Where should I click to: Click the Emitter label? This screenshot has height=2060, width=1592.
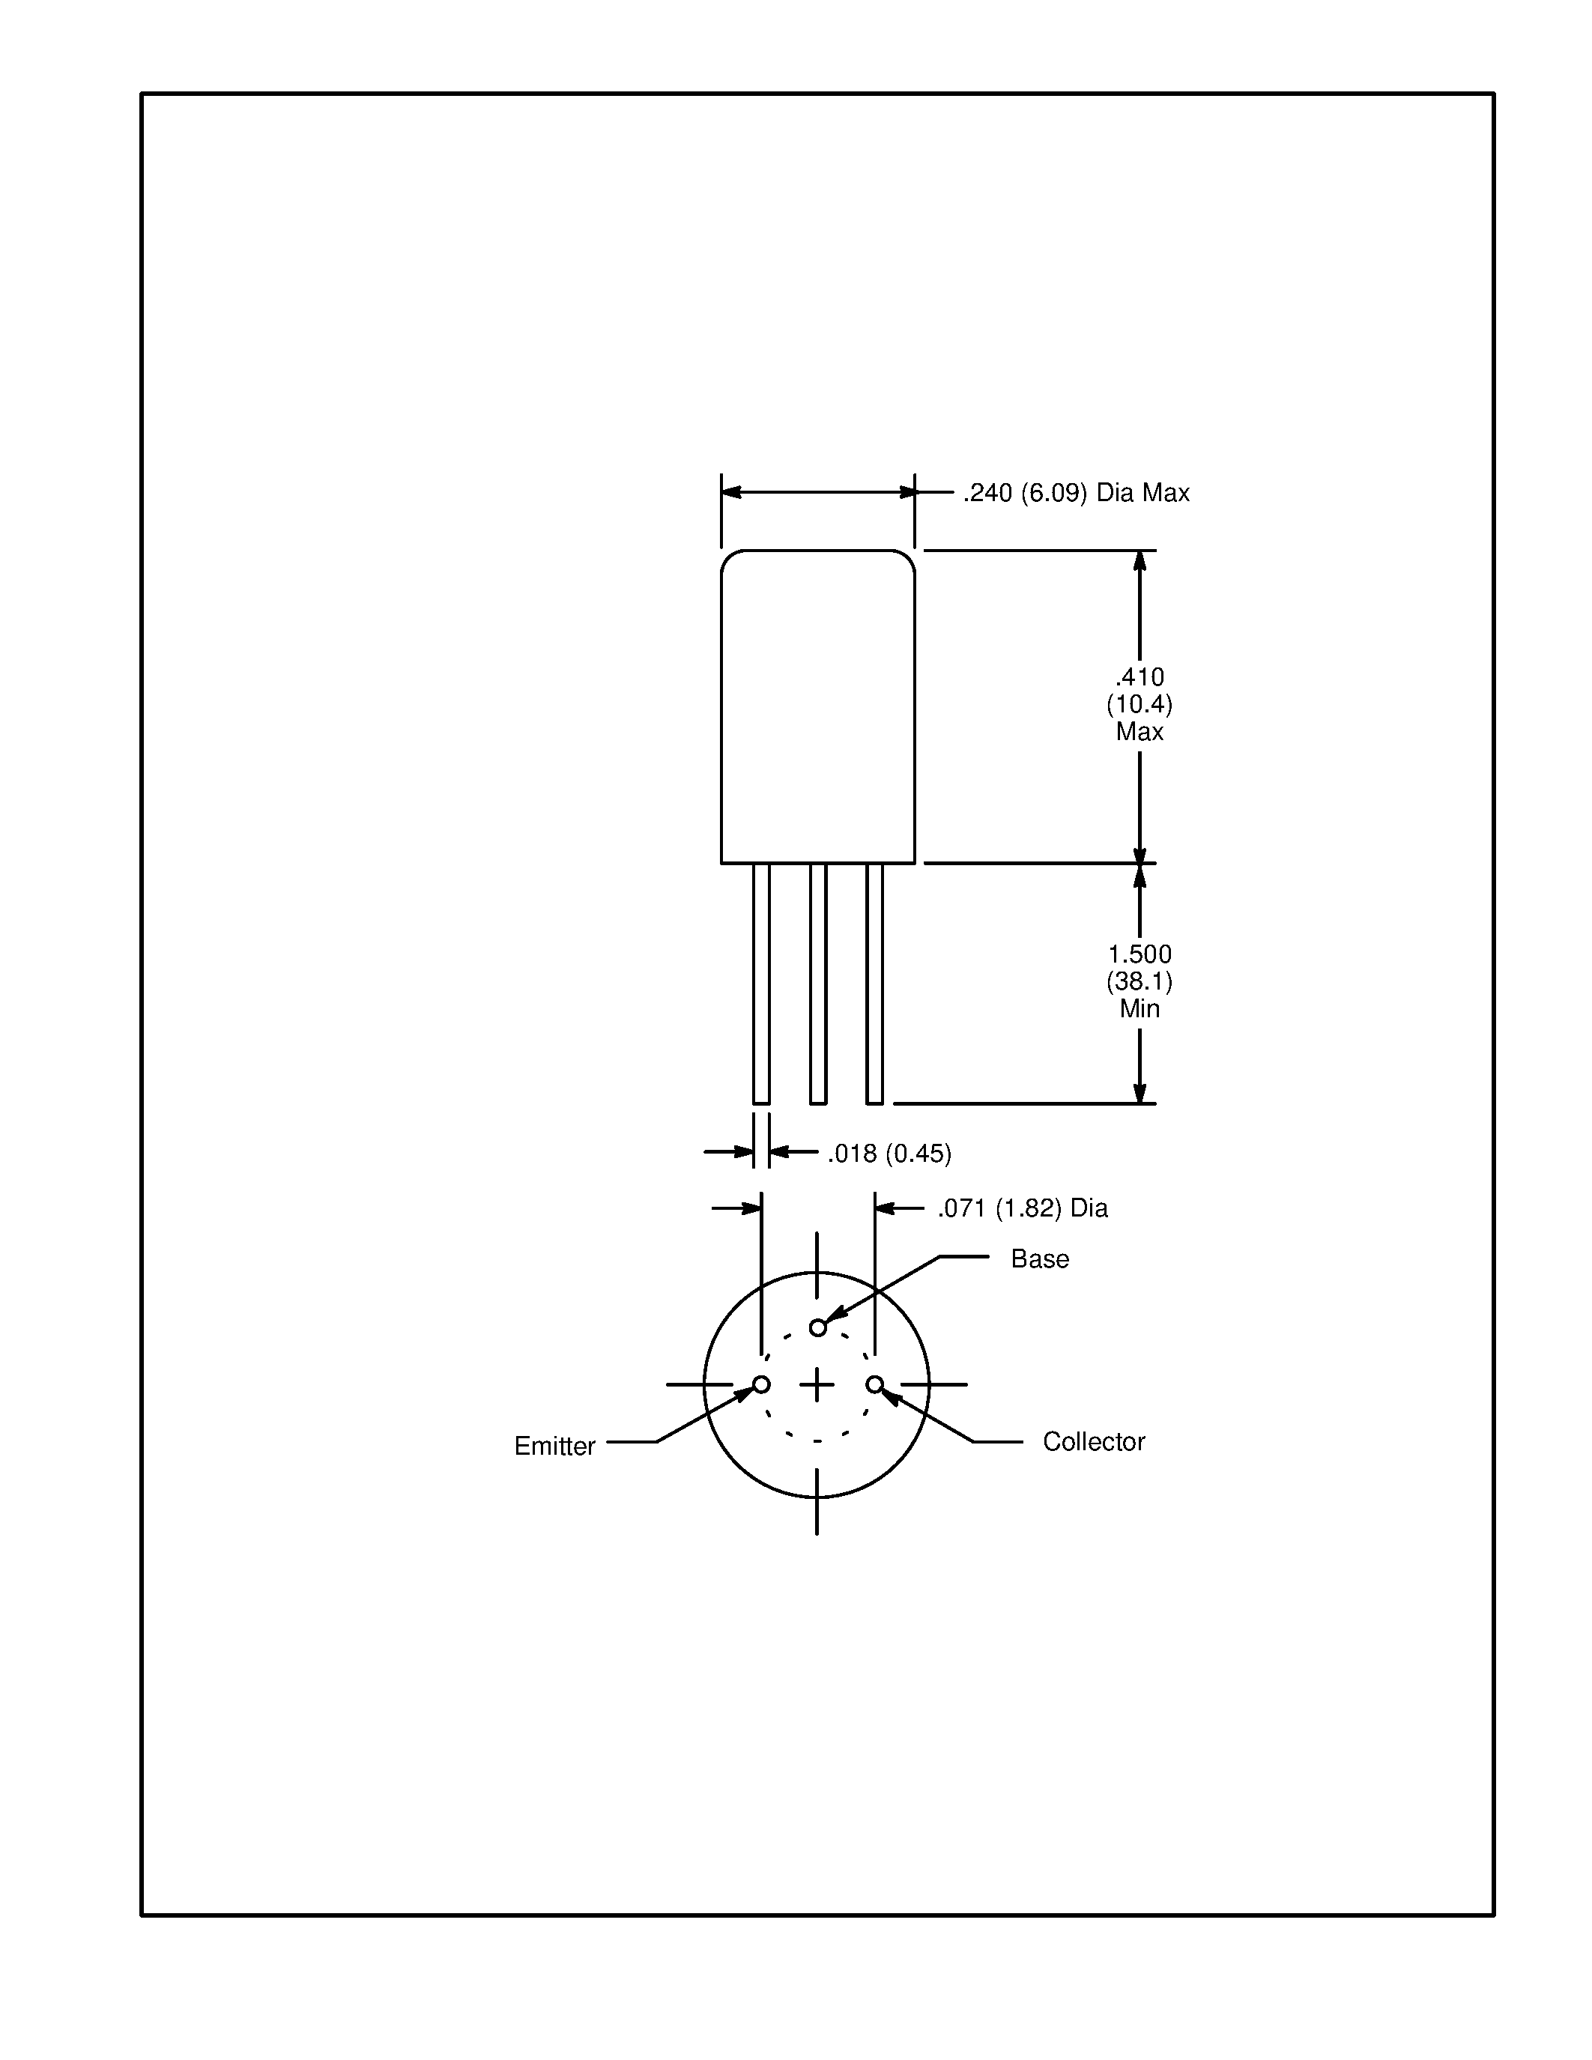coord(554,1446)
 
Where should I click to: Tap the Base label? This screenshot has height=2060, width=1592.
coord(1039,1259)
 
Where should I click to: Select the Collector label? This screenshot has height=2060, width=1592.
coord(1093,1441)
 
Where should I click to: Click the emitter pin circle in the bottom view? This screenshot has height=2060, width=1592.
coord(761,1384)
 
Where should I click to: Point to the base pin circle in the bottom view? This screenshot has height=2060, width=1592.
coord(817,1328)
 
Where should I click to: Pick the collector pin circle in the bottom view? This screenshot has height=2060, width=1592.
coord(875,1384)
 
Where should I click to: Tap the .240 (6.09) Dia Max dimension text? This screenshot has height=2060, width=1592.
coord(1075,492)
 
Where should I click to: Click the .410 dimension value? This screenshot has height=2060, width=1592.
coord(1139,676)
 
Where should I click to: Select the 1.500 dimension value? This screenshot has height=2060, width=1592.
coord(1139,954)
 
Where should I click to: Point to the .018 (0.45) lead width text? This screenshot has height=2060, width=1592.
coord(889,1153)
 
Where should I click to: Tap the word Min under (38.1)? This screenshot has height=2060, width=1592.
coord(1139,1008)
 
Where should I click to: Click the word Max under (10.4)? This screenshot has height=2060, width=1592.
coord(1139,731)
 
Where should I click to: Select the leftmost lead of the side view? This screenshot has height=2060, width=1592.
coord(761,983)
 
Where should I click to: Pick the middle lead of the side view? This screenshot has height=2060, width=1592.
coord(817,983)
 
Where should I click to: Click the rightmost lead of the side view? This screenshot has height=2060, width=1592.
coord(874,983)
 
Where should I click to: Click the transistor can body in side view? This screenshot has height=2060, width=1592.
coord(817,707)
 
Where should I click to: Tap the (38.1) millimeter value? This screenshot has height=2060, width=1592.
coord(1139,981)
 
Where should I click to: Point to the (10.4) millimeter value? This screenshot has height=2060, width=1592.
coord(1139,703)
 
